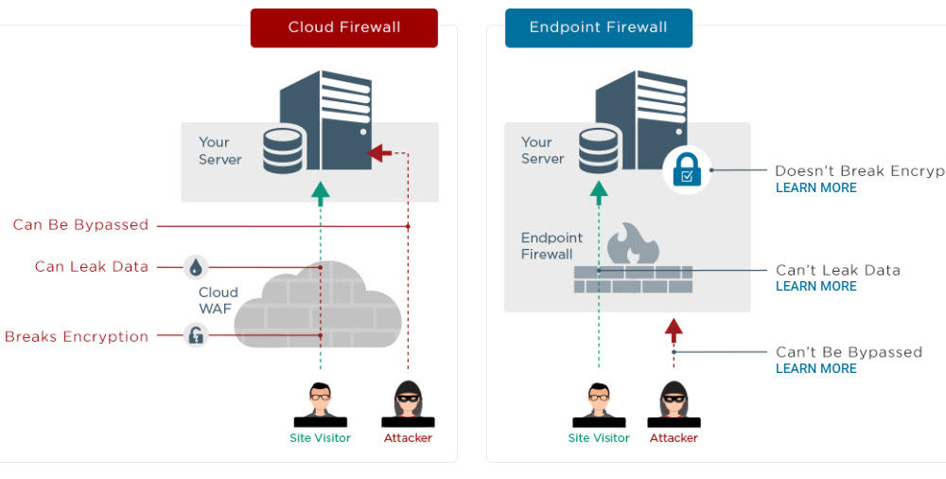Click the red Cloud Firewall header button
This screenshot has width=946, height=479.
[x=343, y=27]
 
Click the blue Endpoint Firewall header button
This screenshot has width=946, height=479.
[x=598, y=27]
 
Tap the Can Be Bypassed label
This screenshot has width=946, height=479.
[x=80, y=225]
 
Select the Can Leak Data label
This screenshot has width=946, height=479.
[x=92, y=267]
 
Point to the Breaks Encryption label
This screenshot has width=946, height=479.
[x=77, y=337]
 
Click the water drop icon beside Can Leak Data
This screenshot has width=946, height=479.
[x=196, y=267]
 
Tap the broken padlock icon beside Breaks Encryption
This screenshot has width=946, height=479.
[x=196, y=335]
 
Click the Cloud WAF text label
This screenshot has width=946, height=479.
[x=218, y=300]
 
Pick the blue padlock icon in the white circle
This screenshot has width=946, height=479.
[x=686, y=170]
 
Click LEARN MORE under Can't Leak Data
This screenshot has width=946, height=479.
[x=815, y=287]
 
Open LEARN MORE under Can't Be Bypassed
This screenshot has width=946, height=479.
[x=815, y=369]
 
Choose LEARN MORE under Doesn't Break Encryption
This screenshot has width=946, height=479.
[x=815, y=188]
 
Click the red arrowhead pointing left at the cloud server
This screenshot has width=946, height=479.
[x=379, y=153]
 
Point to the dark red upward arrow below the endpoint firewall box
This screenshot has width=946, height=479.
[x=674, y=330]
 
